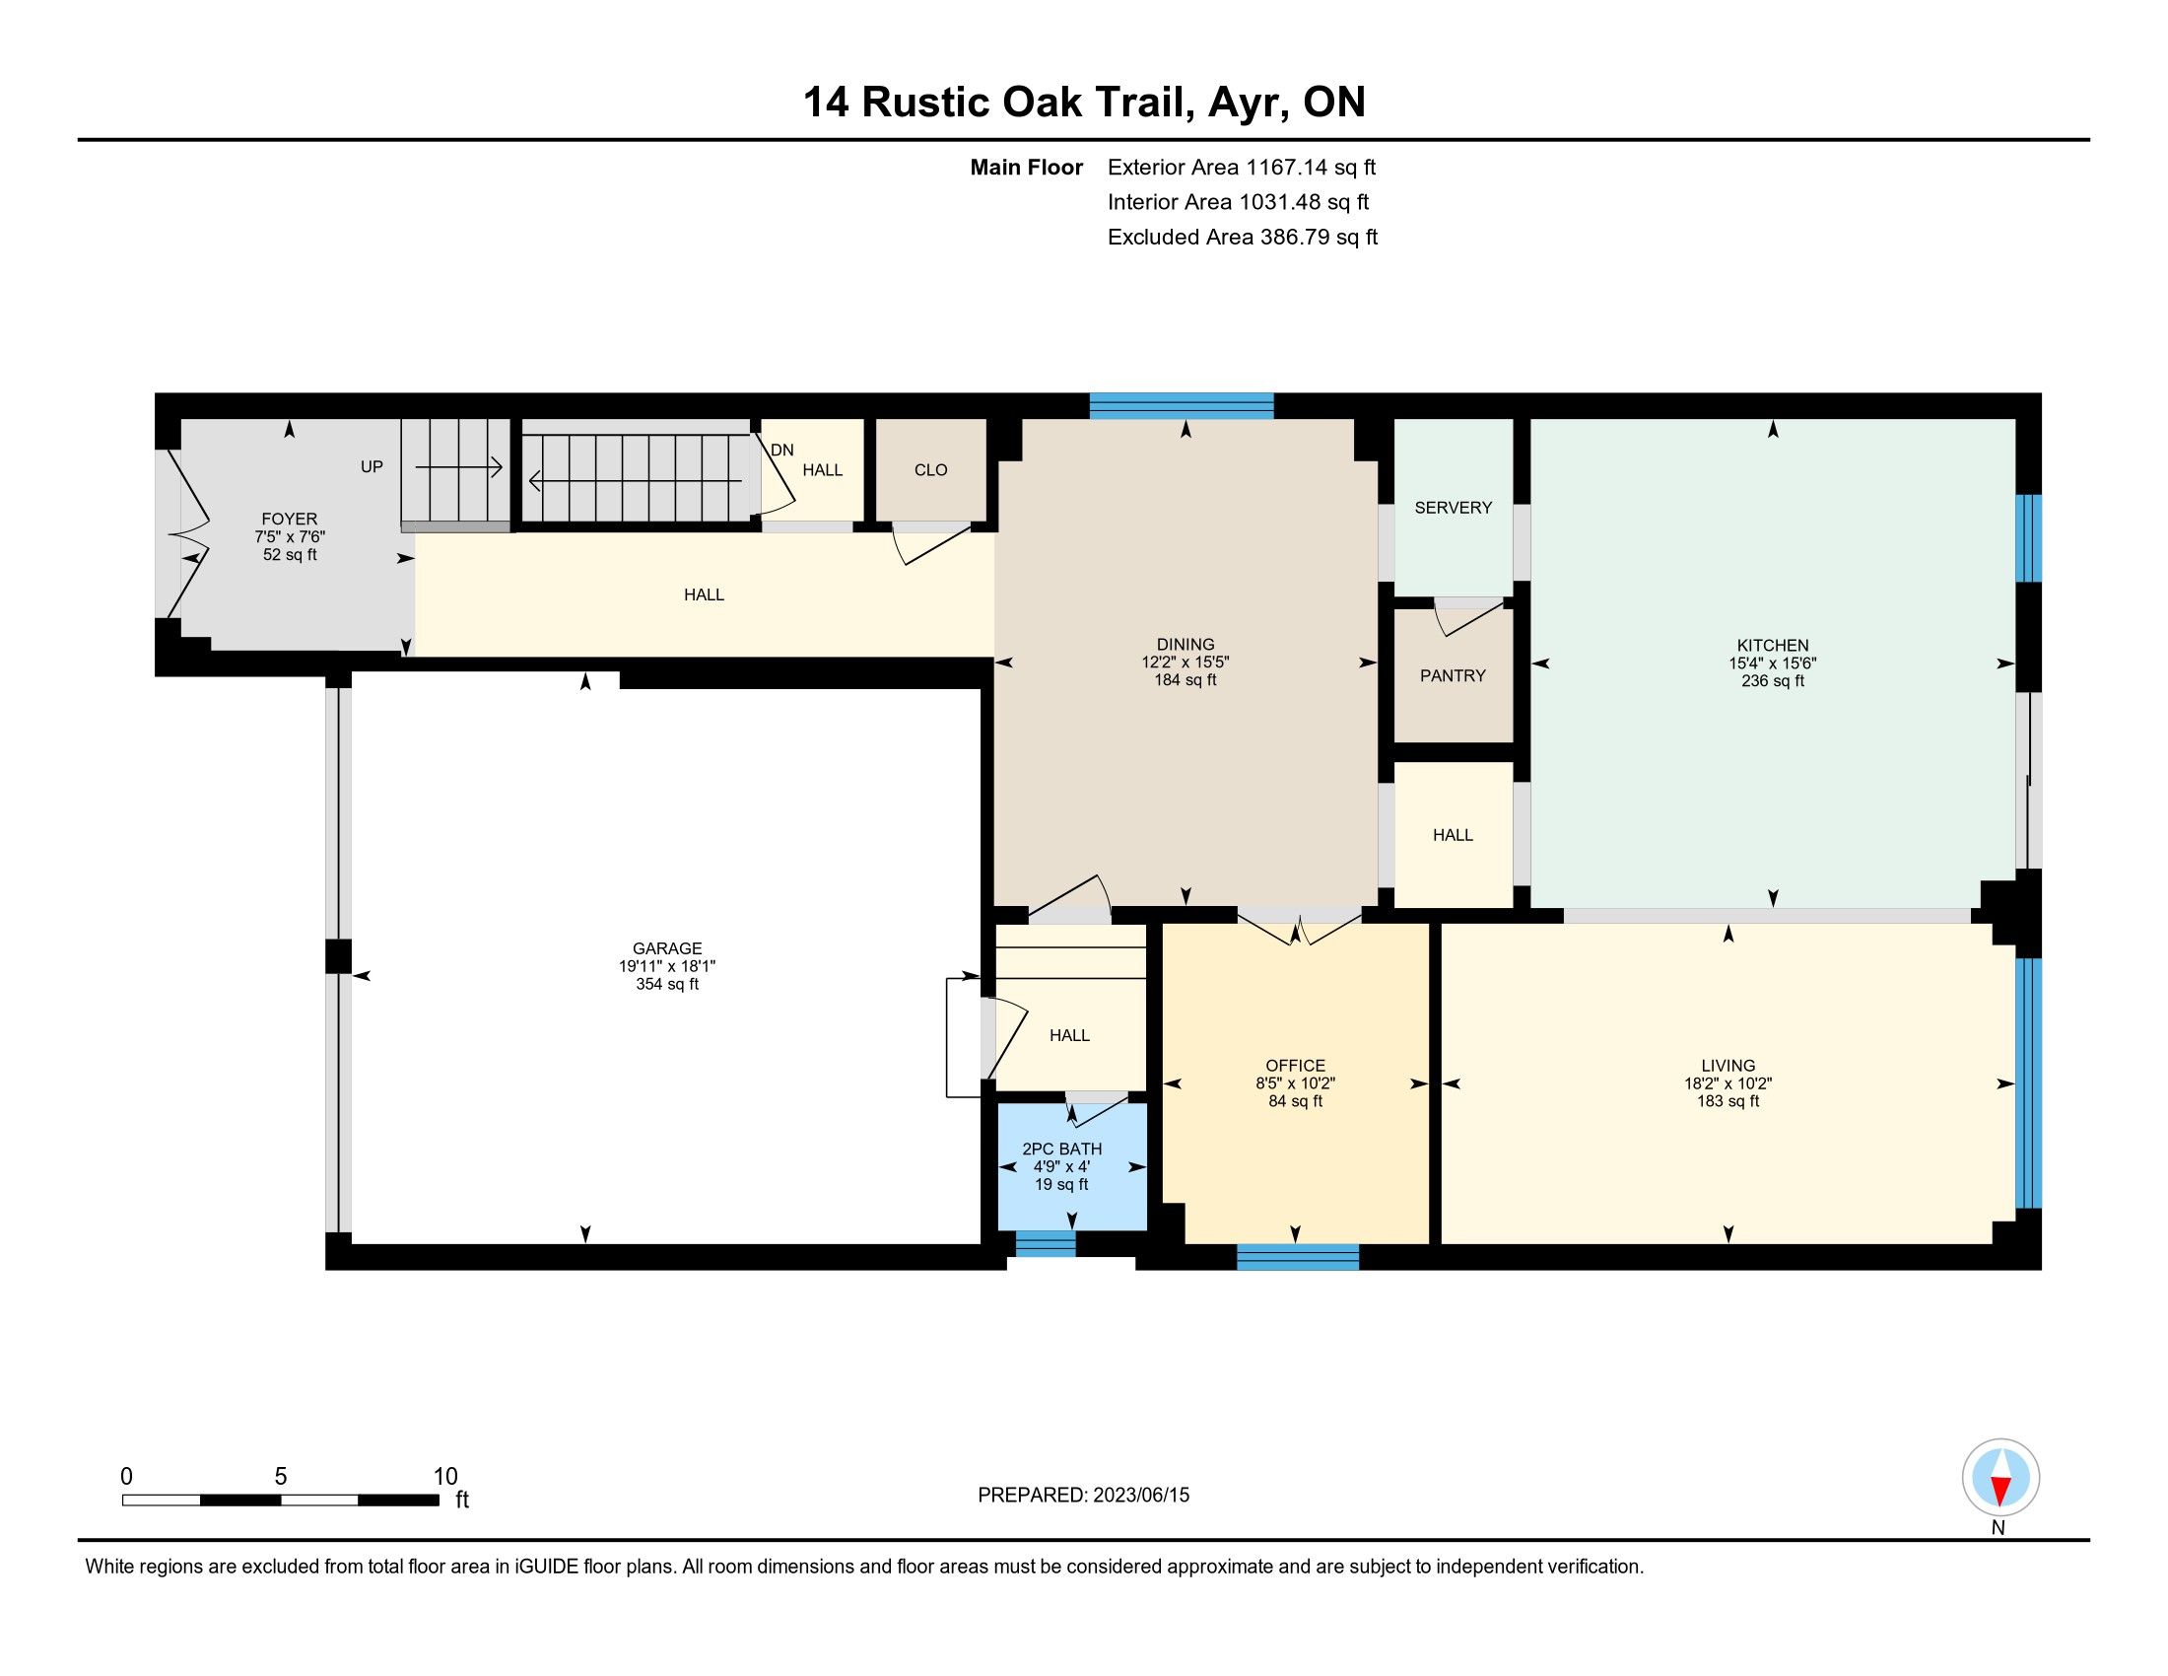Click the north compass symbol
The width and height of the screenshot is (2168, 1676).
(x=2000, y=1479)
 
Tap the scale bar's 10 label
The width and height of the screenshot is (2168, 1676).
(x=445, y=1477)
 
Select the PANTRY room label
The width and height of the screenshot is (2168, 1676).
(x=1453, y=676)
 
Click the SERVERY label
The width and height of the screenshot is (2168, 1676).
(x=1454, y=508)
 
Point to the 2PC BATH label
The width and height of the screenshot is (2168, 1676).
(x=1062, y=1149)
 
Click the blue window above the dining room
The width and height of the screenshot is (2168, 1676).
(x=1182, y=406)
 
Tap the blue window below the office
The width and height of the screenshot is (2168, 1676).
(x=1298, y=1257)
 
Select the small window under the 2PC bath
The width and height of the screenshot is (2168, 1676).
(x=1046, y=1244)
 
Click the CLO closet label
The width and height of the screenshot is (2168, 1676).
(x=931, y=470)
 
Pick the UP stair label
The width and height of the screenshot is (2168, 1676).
(x=372, y=466)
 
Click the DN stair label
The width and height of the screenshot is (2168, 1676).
(x=782, y=450)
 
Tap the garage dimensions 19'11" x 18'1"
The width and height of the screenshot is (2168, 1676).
(x=667, y=966)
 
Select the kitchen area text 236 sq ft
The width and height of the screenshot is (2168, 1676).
(x=1773, y=681)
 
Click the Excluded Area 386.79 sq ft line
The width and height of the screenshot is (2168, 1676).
(x=1243, y=238)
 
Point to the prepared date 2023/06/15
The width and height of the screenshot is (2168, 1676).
(x=1140, y=1496)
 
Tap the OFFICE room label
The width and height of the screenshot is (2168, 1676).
(x=1296, y=1066)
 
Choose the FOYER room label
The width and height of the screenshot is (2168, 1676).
(x=290, y=520)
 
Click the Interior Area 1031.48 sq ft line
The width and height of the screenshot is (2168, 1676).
(x=1238, y=202)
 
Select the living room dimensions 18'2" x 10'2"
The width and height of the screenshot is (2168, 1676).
(x=1728, y=1084)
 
